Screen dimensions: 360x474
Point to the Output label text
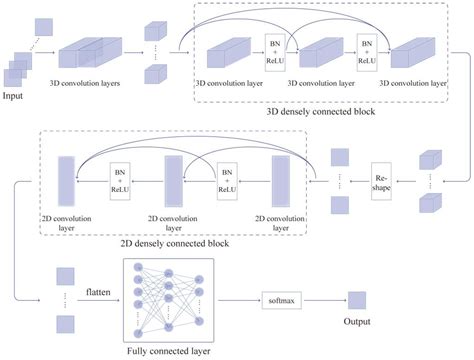(358, 322)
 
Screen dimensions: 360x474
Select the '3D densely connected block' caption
(328, 112)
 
